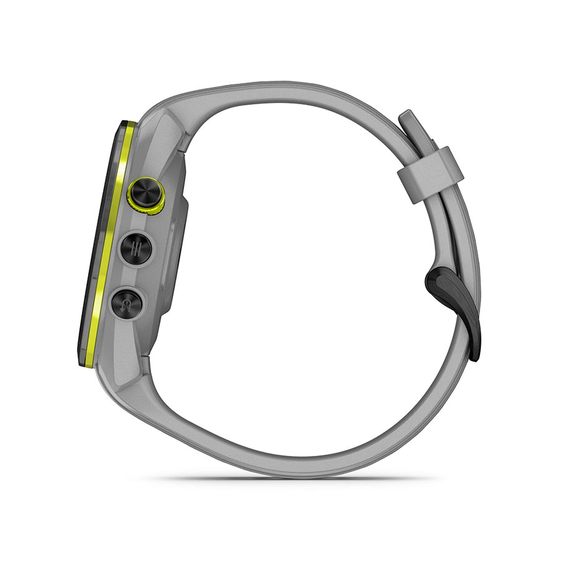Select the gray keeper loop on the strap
pos(431,174)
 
